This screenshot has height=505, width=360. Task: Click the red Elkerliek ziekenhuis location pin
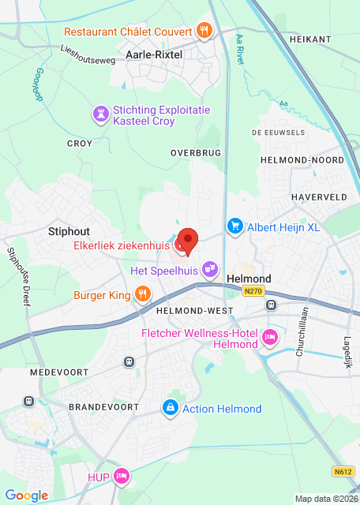(187, 241)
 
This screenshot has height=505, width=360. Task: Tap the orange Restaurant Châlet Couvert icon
(204, 32)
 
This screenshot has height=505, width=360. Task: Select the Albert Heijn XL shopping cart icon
(234, 227)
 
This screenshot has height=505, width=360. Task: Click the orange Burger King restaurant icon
(143, 296)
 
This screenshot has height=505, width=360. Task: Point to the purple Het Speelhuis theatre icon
(209, 270)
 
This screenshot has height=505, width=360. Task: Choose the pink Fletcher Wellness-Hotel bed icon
(270, 338)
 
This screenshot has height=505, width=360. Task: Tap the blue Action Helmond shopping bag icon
(169, 408)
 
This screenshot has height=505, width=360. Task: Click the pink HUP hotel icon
(121, 476)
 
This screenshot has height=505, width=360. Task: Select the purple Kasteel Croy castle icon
(100, 115)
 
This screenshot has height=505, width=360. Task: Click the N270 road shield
(253, 291)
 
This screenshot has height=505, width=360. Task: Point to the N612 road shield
(343, 472)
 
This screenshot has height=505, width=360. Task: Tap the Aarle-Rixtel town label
(155, 54)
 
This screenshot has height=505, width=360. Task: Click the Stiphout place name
(69, 231)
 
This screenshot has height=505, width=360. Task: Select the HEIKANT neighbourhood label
(309, 38)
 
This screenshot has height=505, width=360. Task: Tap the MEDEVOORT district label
(55, 371)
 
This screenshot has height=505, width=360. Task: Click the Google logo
(26, 495)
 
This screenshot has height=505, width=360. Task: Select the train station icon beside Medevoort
(129, 361)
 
